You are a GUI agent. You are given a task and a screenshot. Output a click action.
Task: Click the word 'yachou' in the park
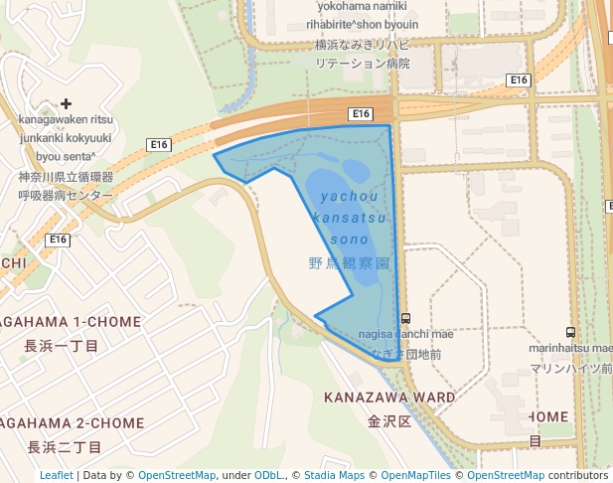[350, 196]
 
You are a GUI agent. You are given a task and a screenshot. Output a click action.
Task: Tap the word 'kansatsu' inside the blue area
[349, 218]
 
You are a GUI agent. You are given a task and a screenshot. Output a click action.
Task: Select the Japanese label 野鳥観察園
[349, 263]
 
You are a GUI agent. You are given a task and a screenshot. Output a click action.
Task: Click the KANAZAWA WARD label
[389, 398]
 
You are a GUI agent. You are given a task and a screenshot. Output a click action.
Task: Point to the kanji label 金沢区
[389, 420]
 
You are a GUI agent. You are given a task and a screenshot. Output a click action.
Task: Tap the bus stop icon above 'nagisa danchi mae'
[405, 319]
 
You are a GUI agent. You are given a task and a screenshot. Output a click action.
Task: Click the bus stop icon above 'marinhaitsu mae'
[570, 333]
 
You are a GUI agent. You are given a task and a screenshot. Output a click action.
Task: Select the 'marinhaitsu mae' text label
[570, 348]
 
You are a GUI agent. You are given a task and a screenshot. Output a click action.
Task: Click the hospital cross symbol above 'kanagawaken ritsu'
[67, 103]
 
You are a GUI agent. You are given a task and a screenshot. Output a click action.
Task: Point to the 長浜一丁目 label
[62, 346]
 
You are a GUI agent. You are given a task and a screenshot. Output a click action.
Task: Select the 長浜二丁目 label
[64, 446]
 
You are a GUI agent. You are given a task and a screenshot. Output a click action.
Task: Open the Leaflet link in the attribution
[56, 475]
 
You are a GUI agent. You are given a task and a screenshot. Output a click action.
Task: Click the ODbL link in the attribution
[269, 475]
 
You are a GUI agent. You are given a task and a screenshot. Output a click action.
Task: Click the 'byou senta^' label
[66, 156]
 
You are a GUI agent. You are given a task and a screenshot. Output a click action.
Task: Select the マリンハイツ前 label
[570, 368]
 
